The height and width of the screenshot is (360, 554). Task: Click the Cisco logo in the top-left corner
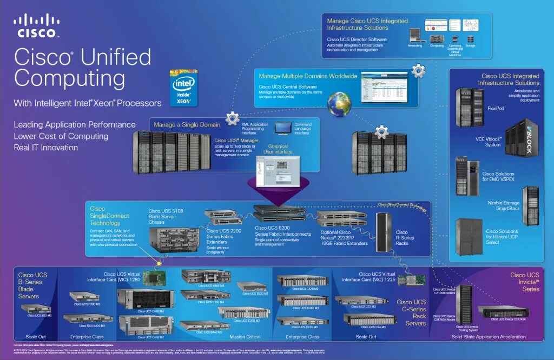[x=37, y=26]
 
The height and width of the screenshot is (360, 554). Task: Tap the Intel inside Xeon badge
[x=184, y=87]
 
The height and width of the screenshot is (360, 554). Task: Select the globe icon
[x=339, y=104]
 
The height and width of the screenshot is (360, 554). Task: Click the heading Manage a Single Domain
[x=187, y=125]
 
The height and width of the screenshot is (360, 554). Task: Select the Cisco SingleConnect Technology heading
[x=109, y=216]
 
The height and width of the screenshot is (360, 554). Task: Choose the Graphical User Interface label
[x=275, y=150]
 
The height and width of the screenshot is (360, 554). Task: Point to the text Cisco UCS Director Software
[x=357, y=39]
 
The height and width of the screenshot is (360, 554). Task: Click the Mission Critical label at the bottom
[x=245, y=337]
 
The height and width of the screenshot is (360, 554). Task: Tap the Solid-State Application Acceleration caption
[x=488, y=337]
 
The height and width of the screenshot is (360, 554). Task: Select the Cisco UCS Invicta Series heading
[x=524, y=282]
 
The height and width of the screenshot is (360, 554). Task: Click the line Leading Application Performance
[x=75, y=125]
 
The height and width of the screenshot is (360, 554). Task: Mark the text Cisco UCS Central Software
[x=287, y=86]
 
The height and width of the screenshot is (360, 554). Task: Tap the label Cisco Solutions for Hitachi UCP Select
[x=502, y=236]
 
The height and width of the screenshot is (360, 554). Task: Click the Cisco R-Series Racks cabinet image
[x=384, y=232]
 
